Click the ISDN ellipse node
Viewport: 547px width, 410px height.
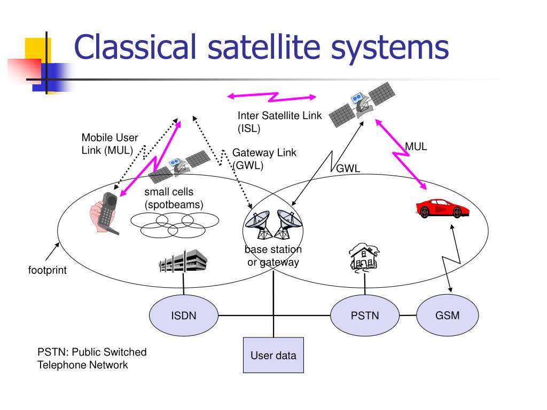184,316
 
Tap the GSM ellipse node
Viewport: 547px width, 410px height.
447,316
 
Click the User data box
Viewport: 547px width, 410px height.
273,356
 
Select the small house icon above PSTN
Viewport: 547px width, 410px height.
364,256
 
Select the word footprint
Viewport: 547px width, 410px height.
48,270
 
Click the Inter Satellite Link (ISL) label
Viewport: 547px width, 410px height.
276,122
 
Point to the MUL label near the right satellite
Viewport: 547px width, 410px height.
416,146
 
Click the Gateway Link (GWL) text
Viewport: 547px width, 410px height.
264,159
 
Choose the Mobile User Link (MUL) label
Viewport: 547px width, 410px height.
110,144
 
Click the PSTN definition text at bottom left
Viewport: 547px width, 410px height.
91,359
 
